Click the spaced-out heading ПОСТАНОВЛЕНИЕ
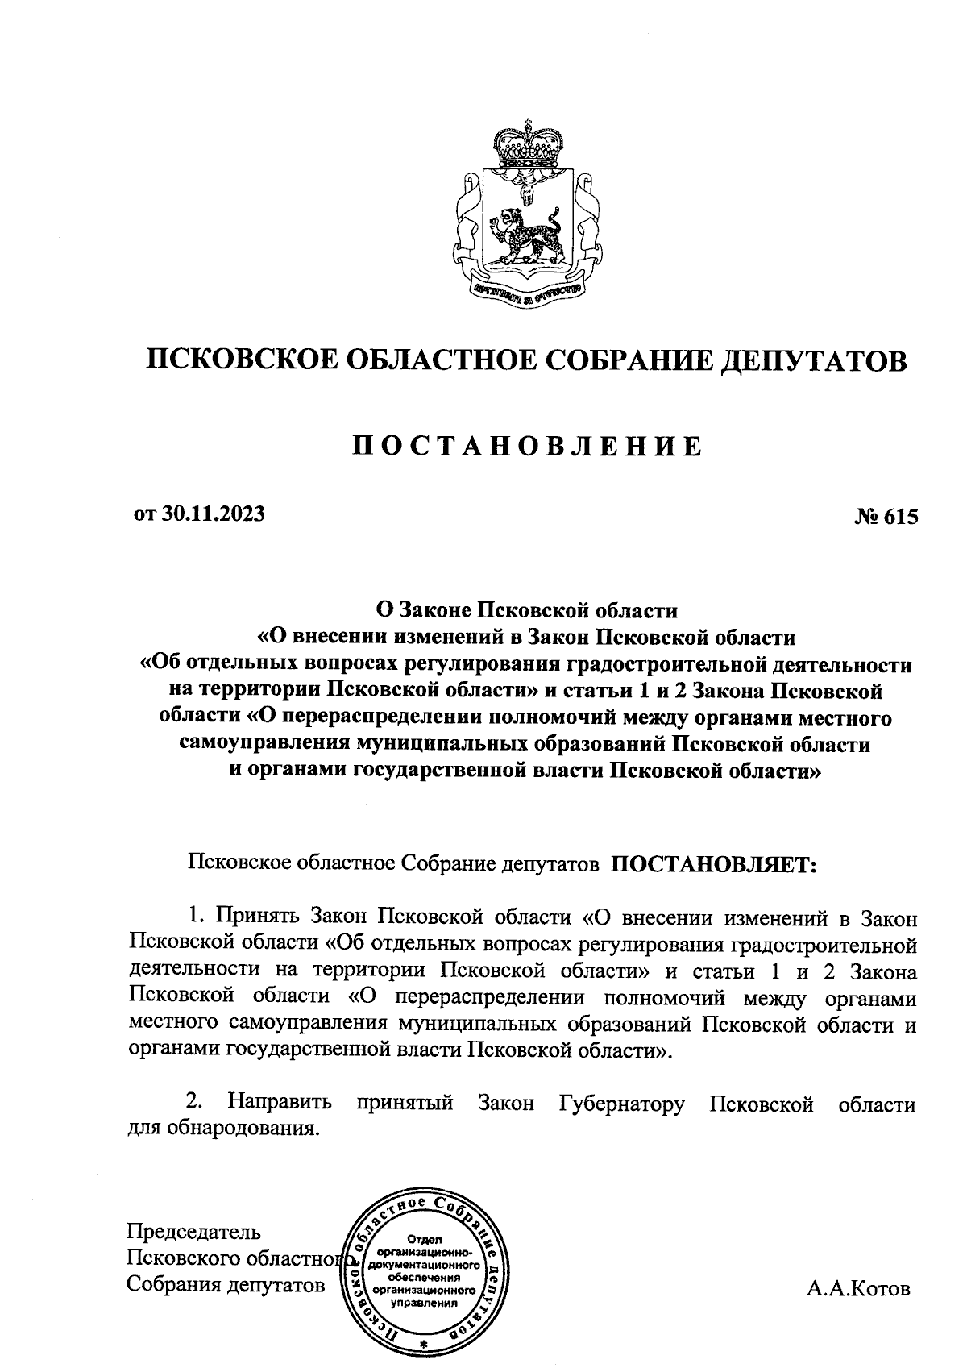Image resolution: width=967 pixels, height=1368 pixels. [529, 446]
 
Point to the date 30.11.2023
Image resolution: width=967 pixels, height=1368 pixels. [214, 514]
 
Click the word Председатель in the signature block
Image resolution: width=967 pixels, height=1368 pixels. [194, 1233]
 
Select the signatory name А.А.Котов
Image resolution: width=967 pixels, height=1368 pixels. [858, 1289]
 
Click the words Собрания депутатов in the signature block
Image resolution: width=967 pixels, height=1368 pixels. [226, 1285]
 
